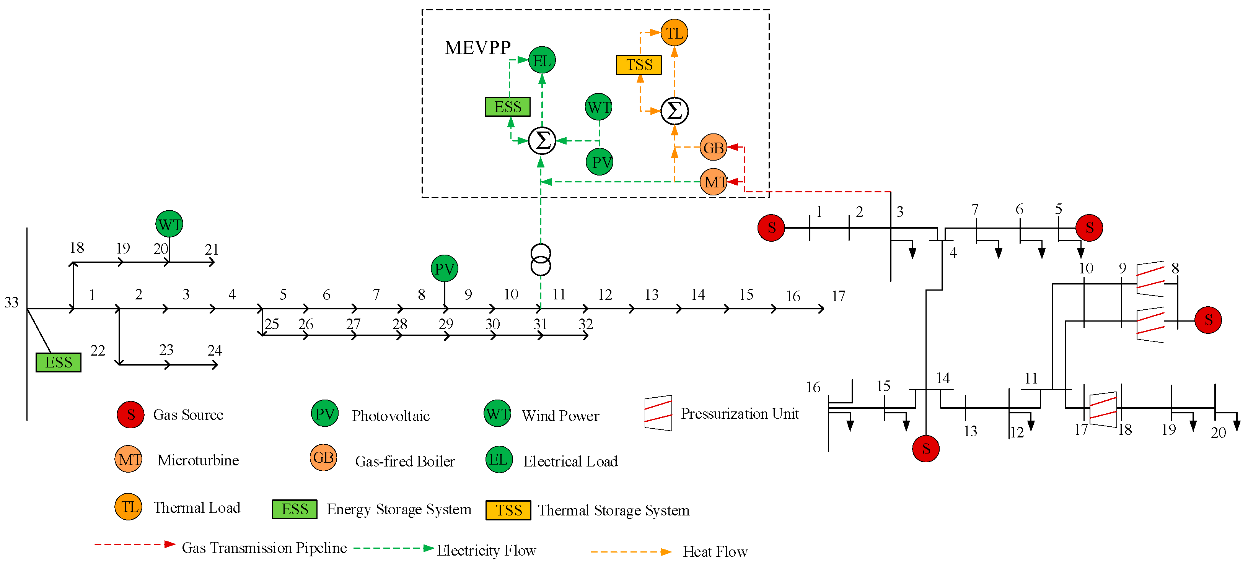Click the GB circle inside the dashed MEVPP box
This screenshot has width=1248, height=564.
click(x=713, y=148)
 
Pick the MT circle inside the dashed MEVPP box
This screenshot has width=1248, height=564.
click(x=714, y=182)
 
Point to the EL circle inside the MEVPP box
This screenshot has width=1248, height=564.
click(x=542, y=60)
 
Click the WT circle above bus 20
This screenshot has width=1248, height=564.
click(x=169, y=224)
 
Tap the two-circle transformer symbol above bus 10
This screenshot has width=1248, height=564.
click(x=541, y=260)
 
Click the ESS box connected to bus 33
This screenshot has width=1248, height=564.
click(x=59, y=362)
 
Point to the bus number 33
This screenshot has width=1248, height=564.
click(x=11, y=302)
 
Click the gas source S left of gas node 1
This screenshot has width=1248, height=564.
click(x=771, y=228)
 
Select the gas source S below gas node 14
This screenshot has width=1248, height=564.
click(x=925, y=448)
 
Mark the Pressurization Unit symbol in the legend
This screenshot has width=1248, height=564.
click(x=658, y=413)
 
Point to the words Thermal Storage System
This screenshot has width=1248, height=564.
click(x=613, y=510)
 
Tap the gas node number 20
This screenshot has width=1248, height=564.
click(x=1219, y=432)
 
